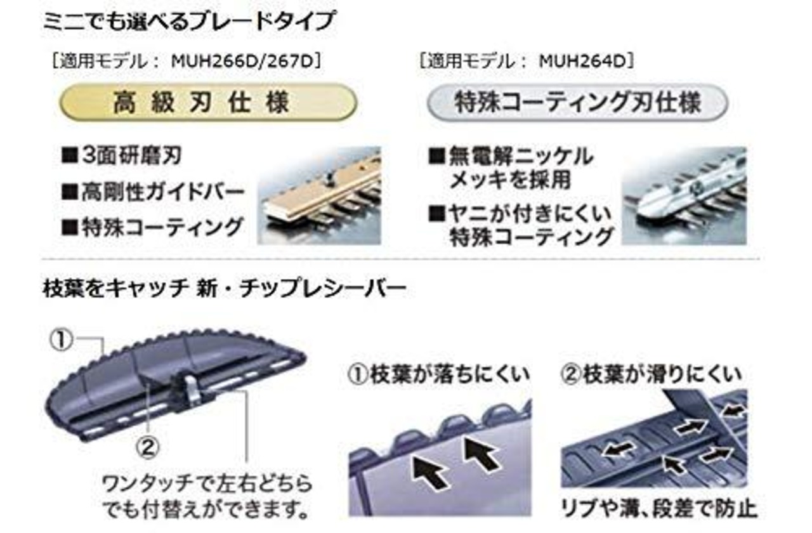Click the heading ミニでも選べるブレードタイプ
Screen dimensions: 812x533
[188, 22]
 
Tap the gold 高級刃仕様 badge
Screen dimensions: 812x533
[207, 102]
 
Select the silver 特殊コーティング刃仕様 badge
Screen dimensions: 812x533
[577, 103]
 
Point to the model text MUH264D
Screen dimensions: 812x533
[584, 62]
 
